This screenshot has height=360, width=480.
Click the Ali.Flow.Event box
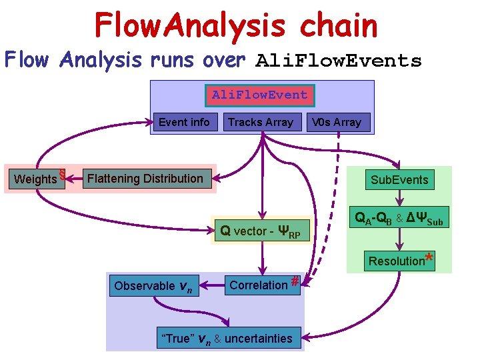[x=259, y=95]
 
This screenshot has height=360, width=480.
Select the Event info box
[x=183, y=122]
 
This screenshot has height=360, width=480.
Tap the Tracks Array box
[x=260, y=122]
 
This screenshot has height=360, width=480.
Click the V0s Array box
[x=337, y=122]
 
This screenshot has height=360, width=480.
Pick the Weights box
[x=35, y=179]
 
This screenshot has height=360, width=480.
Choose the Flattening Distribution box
[x=145, y=179]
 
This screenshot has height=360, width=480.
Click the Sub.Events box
[x=399, y=180]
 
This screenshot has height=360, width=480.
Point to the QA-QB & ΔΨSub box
[x=399, y=218]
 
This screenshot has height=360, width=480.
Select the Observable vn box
[x=153, y=286]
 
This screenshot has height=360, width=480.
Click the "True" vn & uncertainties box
[x=229, y=339]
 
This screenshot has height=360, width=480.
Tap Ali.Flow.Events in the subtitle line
[x=339, y=61]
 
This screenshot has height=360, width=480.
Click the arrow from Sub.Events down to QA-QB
[x=399, y=198]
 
